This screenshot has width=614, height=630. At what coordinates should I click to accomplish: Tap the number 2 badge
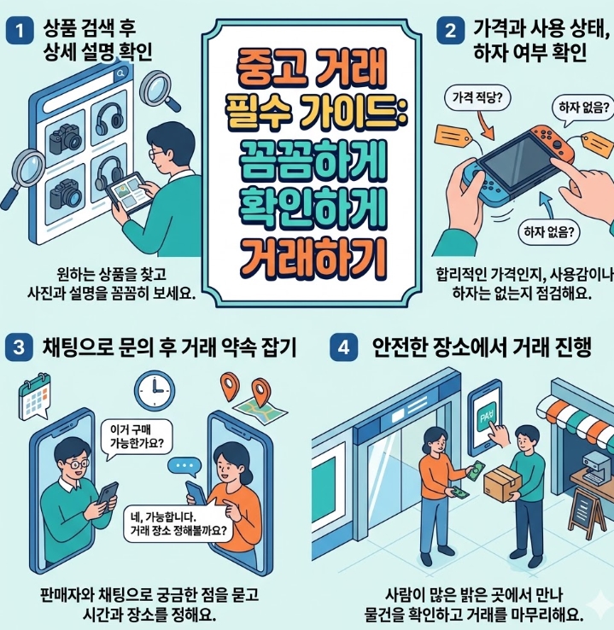pyautogui.click(x=450, y=32)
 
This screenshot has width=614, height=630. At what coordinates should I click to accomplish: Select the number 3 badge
pyautogui.click(x=19, y=347)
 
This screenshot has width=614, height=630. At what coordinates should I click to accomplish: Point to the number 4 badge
pyautogui.click(x=344, y=347)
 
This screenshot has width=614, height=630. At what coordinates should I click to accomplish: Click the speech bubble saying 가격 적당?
pyautogui.click(x=475, y=99)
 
